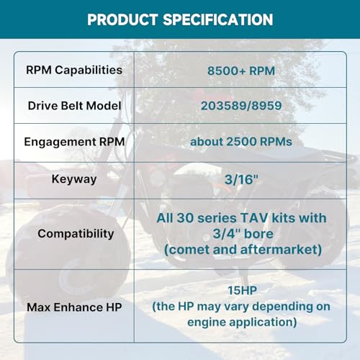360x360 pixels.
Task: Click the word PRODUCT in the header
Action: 122,19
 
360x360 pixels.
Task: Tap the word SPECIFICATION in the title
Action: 218,19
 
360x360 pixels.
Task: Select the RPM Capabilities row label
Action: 74,71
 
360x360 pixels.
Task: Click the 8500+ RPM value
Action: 241,71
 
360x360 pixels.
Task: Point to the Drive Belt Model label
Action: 74,106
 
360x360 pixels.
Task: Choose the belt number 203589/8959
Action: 241,106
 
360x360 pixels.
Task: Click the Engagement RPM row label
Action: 74,142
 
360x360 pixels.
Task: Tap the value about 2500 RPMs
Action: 241,142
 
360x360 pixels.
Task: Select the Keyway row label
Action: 74,179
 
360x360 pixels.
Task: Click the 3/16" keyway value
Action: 241,179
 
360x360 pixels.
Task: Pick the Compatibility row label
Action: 76,234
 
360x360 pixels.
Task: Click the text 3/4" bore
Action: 243,234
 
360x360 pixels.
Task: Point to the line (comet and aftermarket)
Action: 243,250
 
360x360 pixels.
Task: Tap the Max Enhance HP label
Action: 74,307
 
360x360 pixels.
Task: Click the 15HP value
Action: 242,290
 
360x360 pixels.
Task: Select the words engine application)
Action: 242,323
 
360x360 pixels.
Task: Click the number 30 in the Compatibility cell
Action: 184,218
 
